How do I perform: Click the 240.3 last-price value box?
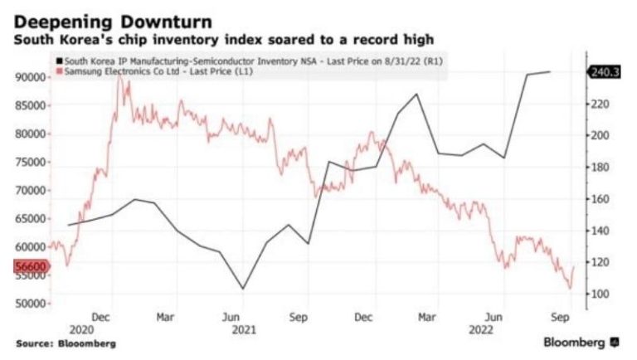[x=602, y=72]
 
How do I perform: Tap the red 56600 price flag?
[x=32, y=266]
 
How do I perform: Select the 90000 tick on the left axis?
[x=30, y=77]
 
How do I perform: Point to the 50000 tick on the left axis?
[x=30, y=304]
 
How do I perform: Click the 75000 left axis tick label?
[x=30, y=162]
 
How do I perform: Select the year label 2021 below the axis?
[x=242, y=328]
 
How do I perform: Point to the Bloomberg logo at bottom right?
[x=580, y=342]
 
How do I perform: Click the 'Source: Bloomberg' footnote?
[x=65, y=343]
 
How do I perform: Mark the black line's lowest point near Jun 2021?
[x=242, y=289]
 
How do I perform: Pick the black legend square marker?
[x=56, y=61]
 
